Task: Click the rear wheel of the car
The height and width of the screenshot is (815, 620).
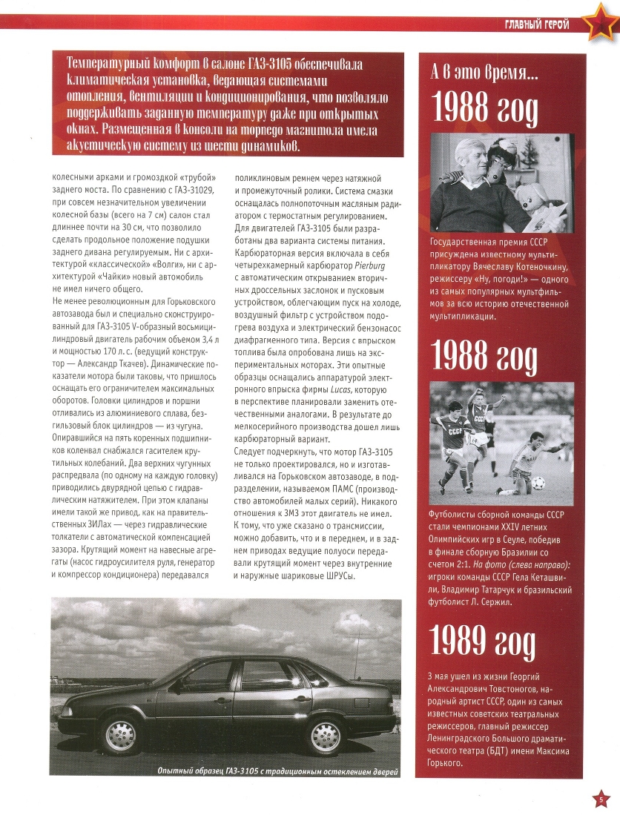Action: tap(120, 736)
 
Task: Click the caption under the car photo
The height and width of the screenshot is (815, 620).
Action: tap(272, 771)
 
